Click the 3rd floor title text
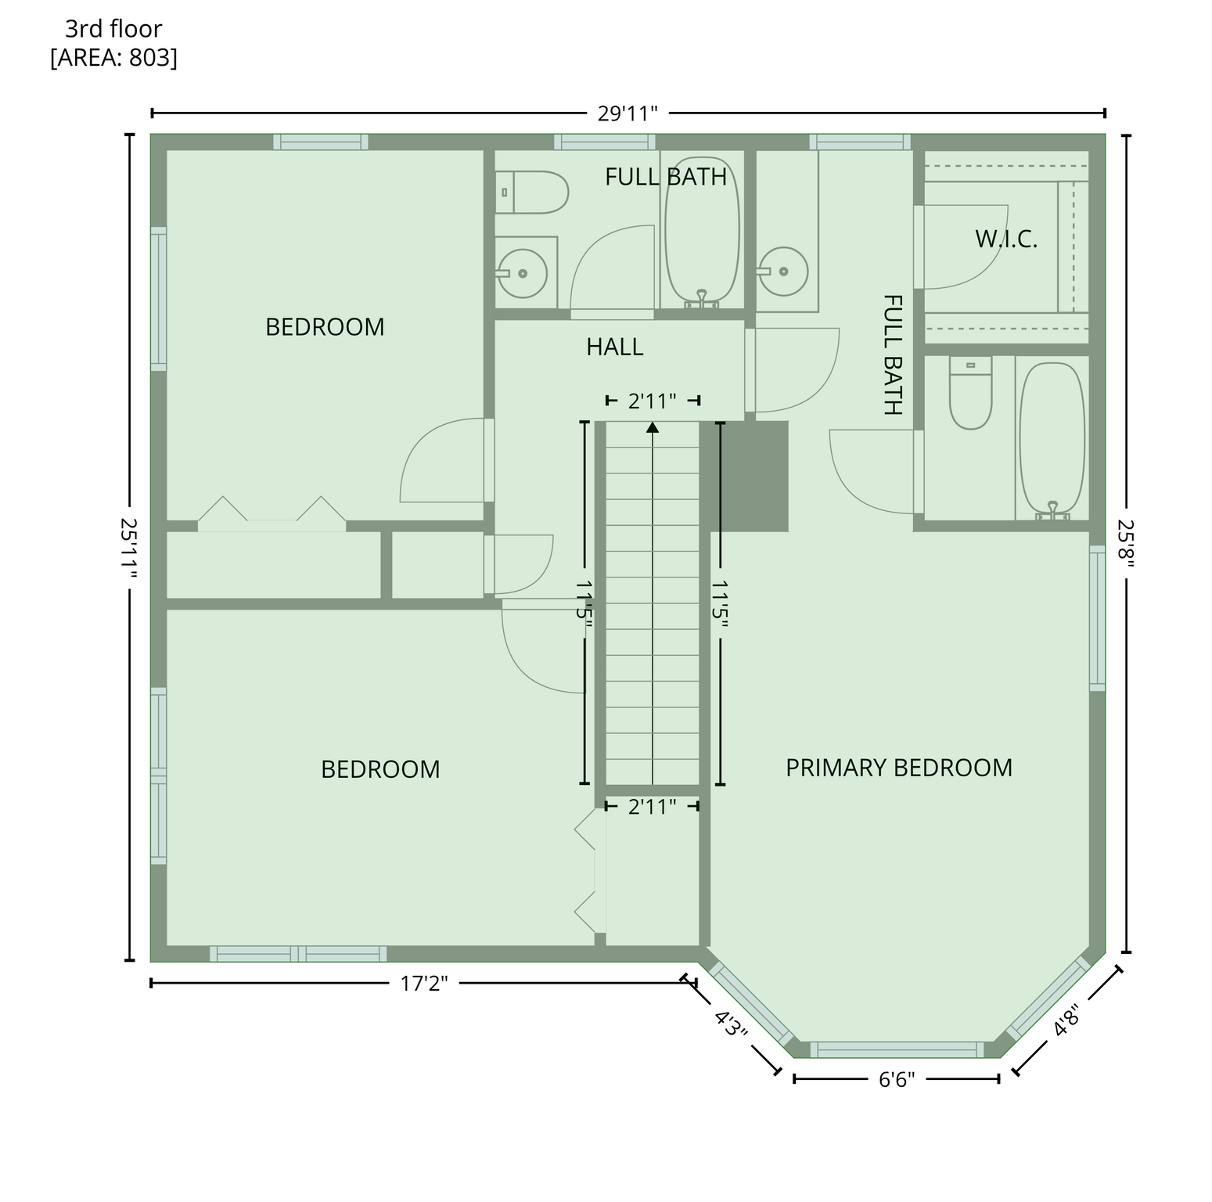(113, 29)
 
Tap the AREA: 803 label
(113, 58)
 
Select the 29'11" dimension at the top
(628, 113)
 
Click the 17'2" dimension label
(424, 983)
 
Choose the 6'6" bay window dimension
(897, 1080)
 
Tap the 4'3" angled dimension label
(732, 1023)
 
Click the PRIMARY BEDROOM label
(899, 768)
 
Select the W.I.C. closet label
(1006, 239)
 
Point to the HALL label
(615, 347)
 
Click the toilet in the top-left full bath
(531, 193)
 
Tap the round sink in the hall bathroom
(522, 273)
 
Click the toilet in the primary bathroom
(970, 392)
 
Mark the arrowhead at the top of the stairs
(653, 426)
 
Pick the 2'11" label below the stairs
(653, 806)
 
